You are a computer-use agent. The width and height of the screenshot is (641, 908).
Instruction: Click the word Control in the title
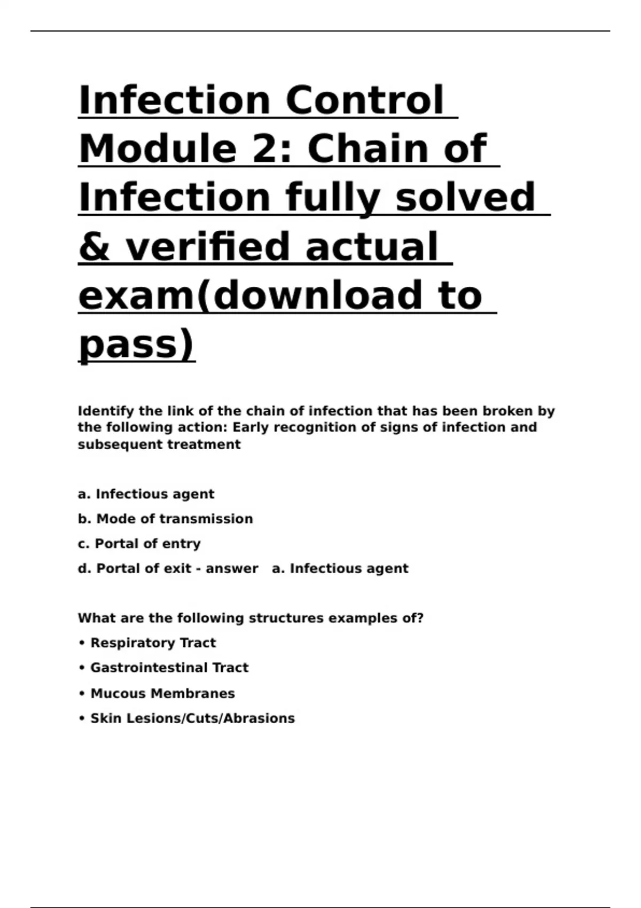coord(364,100)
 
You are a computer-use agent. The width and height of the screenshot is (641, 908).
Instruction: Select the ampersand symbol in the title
coord(95,247)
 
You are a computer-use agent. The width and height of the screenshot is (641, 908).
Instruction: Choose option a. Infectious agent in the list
coord(146,494)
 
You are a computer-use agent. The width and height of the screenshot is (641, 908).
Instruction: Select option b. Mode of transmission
coord(165,519)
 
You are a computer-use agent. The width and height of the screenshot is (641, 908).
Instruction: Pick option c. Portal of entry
coord(139,544)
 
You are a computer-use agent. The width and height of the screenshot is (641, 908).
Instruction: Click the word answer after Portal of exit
coord(232,568)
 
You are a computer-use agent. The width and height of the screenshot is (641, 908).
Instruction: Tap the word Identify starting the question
coord(106,411)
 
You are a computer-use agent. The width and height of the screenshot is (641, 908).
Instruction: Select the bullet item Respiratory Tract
coord(153,643)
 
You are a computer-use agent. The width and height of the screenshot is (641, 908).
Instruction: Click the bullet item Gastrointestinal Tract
coord(169,668)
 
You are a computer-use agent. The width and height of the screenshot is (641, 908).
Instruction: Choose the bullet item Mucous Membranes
coord(162,693)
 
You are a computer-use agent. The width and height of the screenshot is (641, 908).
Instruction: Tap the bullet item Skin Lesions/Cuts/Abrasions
coord(192,718)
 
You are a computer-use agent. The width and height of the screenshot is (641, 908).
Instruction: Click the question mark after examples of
coord(420,618)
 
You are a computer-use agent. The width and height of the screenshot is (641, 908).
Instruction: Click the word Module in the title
coord(158,149)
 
